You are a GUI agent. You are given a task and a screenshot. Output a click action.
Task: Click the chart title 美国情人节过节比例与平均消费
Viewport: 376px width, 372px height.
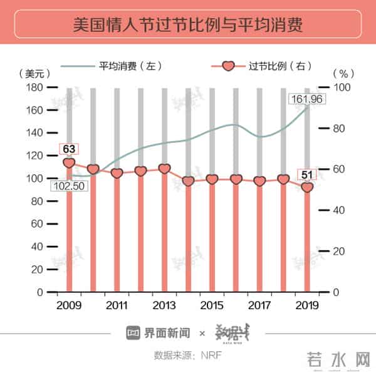click(x=187, y=26)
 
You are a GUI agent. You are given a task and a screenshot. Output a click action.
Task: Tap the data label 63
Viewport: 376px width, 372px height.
click(x=69, y=149)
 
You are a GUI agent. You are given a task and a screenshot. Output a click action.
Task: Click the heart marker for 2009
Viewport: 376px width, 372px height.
click(x=69, y=163)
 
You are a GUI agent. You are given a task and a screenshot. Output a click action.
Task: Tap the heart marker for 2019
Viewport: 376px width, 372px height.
click(x=307, y=187)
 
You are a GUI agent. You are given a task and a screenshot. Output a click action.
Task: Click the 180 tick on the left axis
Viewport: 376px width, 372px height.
click(x=34, y=88)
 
